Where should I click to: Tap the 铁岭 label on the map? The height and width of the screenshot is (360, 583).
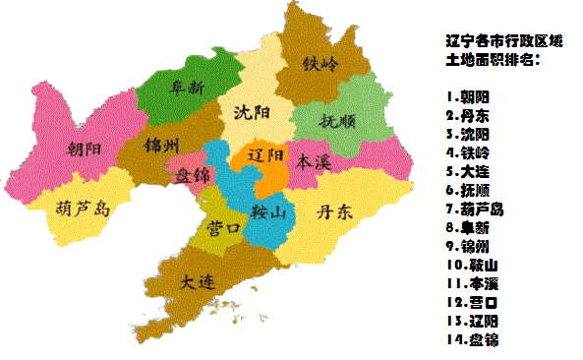pyautogui.click(x=320, y=65)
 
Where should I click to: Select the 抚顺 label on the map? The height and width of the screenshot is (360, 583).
pyautogui.click(x=339, y=122)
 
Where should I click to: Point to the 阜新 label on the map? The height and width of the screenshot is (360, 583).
pyautogui.click(x=186, y=89)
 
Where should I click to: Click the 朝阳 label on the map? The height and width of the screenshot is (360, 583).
pyautogui.click(x=86, y=150)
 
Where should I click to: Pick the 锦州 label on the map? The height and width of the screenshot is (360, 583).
pyautogui.click(x=161, y=147)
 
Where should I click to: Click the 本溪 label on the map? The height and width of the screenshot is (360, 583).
pyautogui.click(x=315, y=159)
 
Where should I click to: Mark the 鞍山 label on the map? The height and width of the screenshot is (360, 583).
pyautogui.click(x=268, y=210)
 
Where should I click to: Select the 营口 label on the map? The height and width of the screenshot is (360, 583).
pyautogui.click(x=225, y=228)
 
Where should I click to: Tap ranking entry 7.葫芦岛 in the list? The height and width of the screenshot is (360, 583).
pyautogui.click(x=477, y=209)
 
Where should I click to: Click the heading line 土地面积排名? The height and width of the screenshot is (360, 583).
pyautogui.click(x=493, y=60)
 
